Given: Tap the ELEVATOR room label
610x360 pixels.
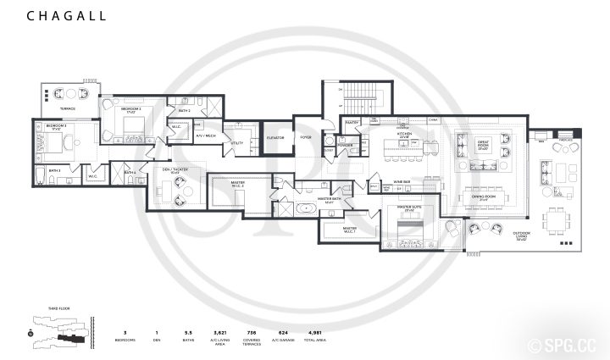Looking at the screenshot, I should [274, 136].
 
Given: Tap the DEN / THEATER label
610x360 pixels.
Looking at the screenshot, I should [175, 169].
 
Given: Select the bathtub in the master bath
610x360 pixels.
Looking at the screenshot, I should [304, 208].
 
